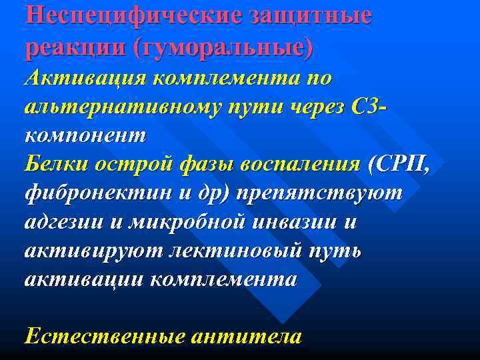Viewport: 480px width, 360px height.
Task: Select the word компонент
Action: pos(85,136)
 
